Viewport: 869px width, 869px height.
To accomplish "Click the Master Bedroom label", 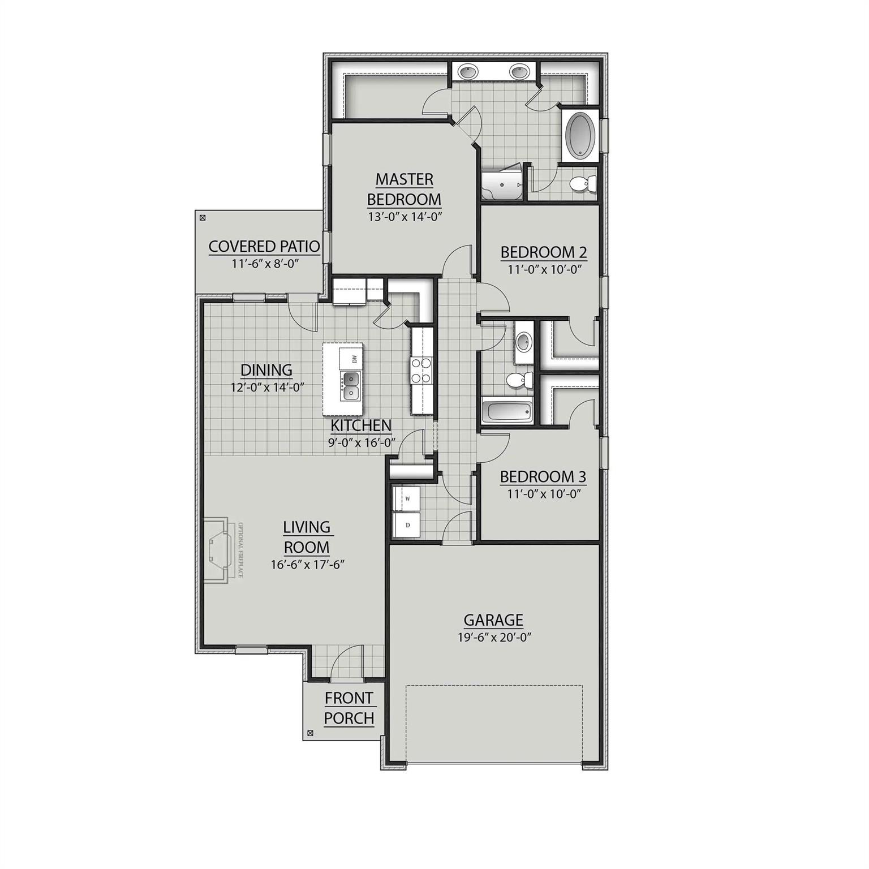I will (x=404, y=189).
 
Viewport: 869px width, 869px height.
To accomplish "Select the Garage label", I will (x=493, y=620).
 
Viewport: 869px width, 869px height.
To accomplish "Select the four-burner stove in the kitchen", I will (x=421, y=371).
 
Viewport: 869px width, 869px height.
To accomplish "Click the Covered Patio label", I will (x=264, y=247).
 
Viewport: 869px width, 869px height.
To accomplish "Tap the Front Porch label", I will (x=349, y=708).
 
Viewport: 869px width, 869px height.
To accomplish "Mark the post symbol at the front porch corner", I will (x=309, y=734).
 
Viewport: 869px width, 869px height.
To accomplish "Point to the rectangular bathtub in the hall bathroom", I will (x=507, y=411).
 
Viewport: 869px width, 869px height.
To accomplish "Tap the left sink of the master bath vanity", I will (x=468, y=72).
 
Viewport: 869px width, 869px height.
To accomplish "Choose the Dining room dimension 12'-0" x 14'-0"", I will (x=266, y=388).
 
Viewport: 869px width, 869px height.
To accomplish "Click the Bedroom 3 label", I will (x=543, y=477).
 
